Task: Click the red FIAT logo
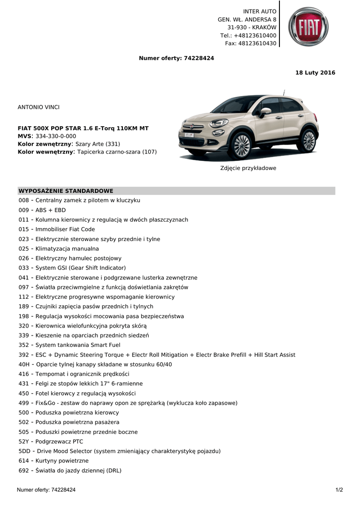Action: [308, 27]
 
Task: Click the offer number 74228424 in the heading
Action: [199, 58]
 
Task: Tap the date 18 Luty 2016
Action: [315, 73]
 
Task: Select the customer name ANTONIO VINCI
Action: [38, 107]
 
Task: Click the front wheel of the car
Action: [242, 145]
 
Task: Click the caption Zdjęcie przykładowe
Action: [248, 168]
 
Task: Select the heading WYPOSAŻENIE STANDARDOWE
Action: [66, 191]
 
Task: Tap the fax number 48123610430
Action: [258, 43]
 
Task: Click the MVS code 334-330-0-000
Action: [56, 136]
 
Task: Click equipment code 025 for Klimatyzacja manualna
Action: [24, 249]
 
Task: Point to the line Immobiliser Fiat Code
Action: [65, 229]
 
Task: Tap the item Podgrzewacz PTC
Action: [59, 441]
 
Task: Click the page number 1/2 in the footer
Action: [339, 490]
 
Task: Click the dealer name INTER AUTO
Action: [260, 11]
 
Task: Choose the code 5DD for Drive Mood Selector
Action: [24, 451]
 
